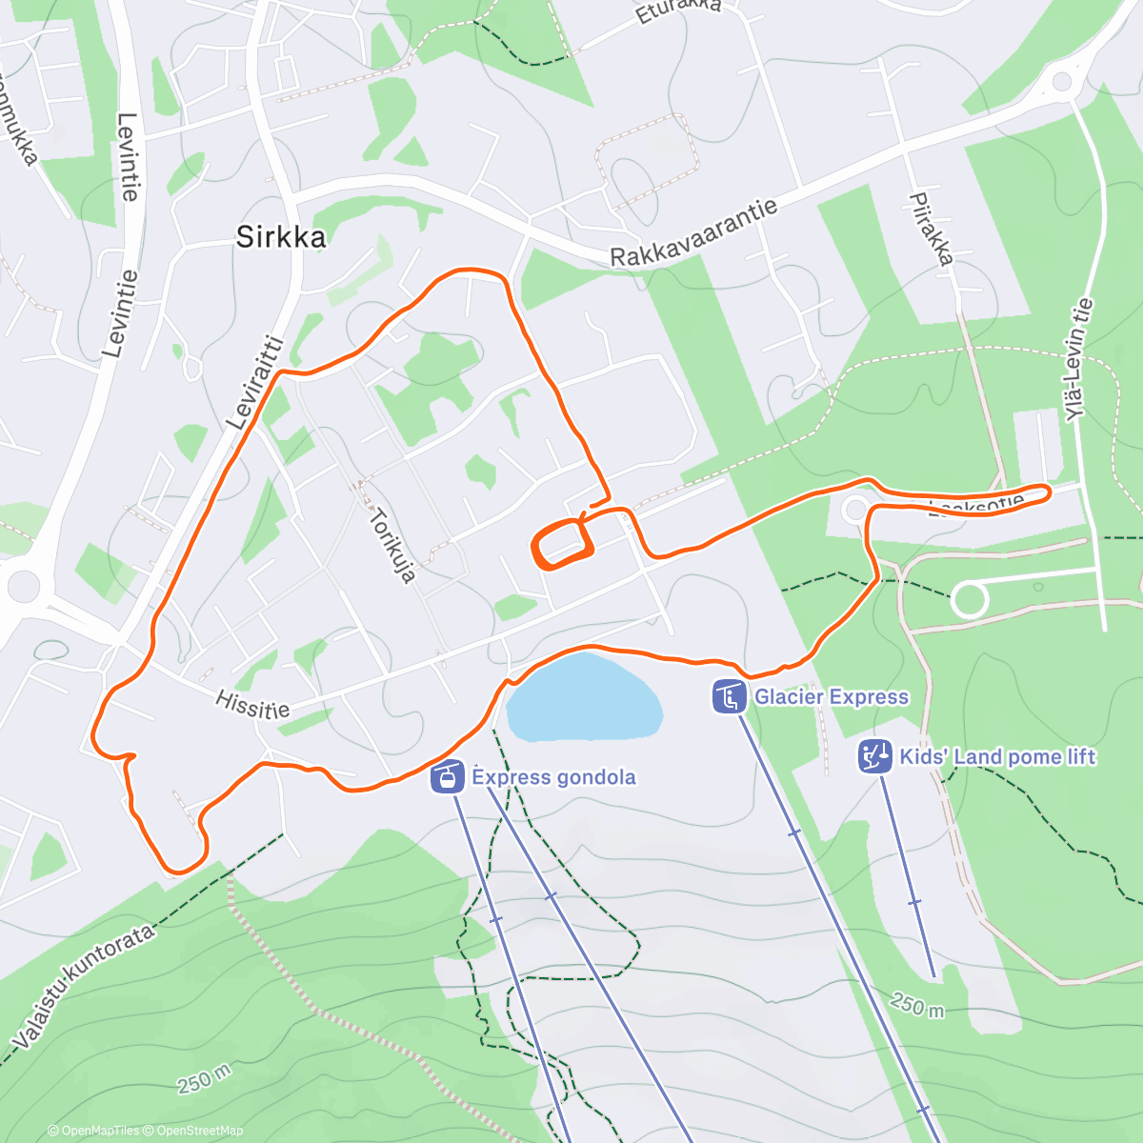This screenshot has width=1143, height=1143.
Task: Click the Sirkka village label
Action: click(281, 236)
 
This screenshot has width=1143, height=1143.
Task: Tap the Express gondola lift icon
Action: click(446, 777)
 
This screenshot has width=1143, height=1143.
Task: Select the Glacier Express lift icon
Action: click(729, 696)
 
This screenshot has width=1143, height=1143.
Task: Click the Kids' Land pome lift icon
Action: click(874, 756)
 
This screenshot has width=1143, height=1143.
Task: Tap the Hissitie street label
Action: click(252, 705)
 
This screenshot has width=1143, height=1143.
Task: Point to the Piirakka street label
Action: click(931, 229)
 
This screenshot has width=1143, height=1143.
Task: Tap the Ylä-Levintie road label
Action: click(1079, 359)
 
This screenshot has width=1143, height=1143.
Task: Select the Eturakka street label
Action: click(678, 11)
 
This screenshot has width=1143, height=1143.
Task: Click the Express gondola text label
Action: click(553, 777)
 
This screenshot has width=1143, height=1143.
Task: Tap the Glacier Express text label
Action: click(832, 696)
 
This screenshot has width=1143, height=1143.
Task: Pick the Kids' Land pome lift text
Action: click(997, 756)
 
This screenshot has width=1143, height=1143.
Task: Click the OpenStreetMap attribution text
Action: click(199, 1131)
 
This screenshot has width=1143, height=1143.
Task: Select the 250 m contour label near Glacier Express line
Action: click(917, 1004)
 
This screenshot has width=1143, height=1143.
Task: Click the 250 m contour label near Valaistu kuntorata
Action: click(204, 1078)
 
